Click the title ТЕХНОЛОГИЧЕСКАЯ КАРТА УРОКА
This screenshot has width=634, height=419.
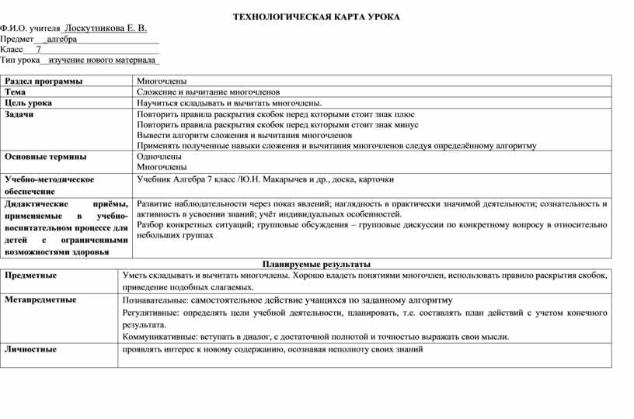click(x=316, y=16)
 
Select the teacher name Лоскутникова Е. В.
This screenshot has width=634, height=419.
click(x=106, y=28)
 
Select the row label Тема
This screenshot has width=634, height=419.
click(x=16, y=92)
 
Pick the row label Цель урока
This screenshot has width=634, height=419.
click(x=29, y=102)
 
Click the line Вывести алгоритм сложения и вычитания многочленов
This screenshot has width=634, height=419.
click(x=244, y=134)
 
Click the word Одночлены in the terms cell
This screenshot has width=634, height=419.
click(x=159, y=156)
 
